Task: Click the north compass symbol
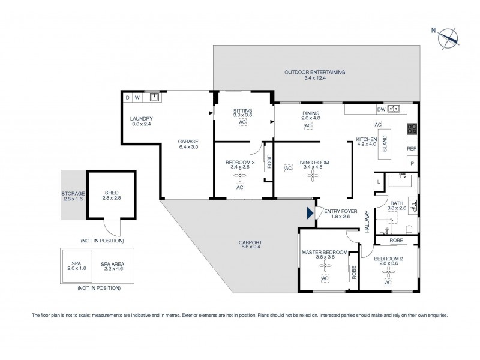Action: [x=448, y=38]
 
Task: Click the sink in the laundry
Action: [x=155, y=96]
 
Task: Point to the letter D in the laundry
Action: [x=127, y=97]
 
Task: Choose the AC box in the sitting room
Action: [x=242, y=122]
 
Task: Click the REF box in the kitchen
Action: [x=412, y=149]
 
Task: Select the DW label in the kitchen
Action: [x=381, y=110]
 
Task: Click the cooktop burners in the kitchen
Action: [x=412, y=128]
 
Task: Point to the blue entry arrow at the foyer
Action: [x=310, y=212]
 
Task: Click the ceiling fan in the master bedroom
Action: [x=325, y=268]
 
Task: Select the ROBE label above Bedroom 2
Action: [x=396, y=240]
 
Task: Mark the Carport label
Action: [x=251, y=245]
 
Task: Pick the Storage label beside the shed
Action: [x=73, y=196]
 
